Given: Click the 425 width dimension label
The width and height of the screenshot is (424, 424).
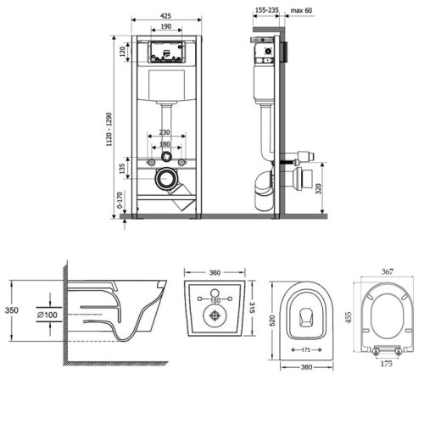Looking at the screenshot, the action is (x=165, y=16).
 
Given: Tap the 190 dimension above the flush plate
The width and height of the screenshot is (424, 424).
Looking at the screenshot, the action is (x=166, y=26).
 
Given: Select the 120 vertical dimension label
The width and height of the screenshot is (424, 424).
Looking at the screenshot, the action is (x=122, y=52).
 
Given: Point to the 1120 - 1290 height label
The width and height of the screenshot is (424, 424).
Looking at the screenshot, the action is (x=109, y=129).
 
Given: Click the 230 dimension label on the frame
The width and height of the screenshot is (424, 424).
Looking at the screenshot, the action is (x=165, y=132).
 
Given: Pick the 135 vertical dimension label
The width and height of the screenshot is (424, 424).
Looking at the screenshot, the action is (x=122, y=169).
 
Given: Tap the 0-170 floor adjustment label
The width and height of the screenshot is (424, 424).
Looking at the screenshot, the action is (x=120, y=200).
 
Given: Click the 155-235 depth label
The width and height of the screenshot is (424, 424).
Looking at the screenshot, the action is (x=267, y=10).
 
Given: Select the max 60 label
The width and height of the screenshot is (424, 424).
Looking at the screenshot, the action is (x=301, y=10).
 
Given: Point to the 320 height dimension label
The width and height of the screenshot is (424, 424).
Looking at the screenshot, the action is (x=319, y=188).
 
